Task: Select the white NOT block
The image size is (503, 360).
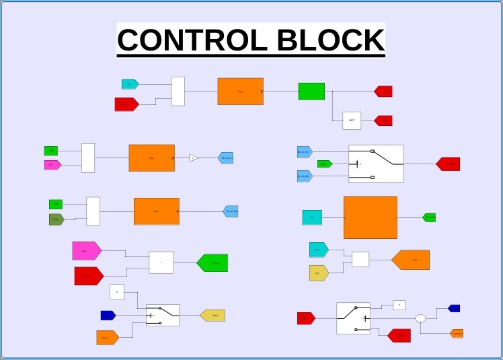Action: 352,120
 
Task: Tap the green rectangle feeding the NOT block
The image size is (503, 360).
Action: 311,91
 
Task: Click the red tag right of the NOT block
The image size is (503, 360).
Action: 383,120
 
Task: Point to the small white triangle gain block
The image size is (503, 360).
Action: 194,157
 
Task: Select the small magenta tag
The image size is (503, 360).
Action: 52,165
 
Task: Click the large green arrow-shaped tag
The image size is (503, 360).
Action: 212,262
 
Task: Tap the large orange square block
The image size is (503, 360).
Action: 370,217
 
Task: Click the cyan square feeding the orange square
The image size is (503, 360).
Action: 312,217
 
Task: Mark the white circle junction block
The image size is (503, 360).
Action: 420,318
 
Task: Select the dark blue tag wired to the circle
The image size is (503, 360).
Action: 454,308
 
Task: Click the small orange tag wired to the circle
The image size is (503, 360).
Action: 457,333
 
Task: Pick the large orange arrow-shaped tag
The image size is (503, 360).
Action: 411,260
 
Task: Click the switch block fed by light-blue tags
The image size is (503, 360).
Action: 375,164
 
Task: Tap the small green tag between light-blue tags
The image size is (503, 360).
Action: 324,164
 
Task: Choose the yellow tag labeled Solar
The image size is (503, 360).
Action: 212,315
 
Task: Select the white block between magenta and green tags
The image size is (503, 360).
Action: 161,262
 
